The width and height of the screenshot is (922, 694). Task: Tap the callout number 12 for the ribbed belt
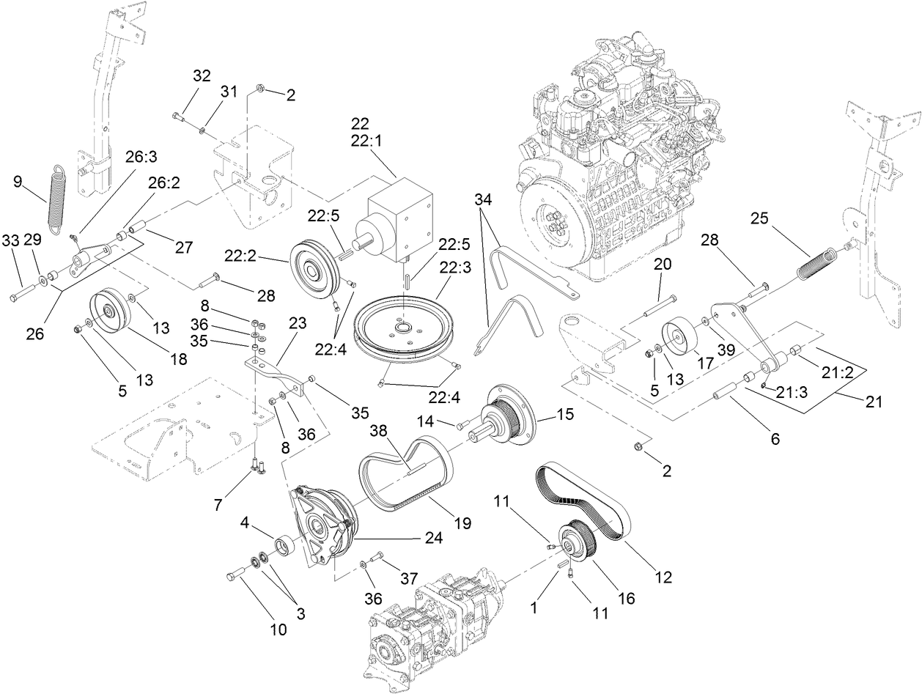(x=663, y=577)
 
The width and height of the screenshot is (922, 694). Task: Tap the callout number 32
(x=202, y=75)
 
